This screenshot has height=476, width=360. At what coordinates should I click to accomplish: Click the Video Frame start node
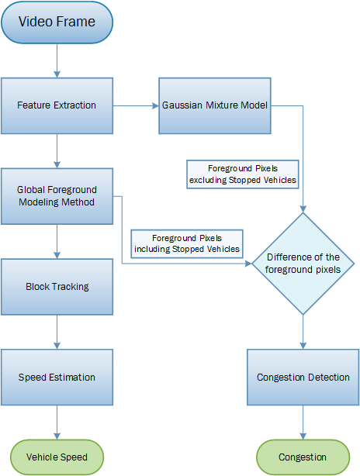click(x=57, y=23)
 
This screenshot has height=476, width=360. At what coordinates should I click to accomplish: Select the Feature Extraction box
click(x=57, y=105)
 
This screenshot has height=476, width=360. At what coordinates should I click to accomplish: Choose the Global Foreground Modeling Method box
click(x=57, y=196)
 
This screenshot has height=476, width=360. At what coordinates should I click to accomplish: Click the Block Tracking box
click(x=57, y=287)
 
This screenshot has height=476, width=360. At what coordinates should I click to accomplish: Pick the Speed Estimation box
click(x=57, y=378)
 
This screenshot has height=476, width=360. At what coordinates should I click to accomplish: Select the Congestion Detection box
click(x=303, y=378)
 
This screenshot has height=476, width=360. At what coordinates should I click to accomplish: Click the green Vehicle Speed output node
click(x=57, y=457)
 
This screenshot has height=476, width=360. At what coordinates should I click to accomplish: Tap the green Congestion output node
click(x=303, y=457)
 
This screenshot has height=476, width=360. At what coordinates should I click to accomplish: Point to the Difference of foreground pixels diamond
click(x=303, y=264)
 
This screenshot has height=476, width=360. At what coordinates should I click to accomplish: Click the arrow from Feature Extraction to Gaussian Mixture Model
click(x=137, y=105)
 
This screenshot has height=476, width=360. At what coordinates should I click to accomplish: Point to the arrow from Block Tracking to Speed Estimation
click(x=57, y=332)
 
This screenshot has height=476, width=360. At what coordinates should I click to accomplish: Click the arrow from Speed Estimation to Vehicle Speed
click(x=57, y=423)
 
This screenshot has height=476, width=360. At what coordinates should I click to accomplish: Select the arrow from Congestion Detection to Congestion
click(x=303, y=423)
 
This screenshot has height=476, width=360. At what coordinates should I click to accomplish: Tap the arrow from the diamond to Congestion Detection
click(x=303, y=333)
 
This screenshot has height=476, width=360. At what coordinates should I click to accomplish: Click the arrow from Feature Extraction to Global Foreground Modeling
click(x=57, y=150)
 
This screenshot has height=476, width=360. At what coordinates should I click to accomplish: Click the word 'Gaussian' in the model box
click(x=182, y=105)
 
